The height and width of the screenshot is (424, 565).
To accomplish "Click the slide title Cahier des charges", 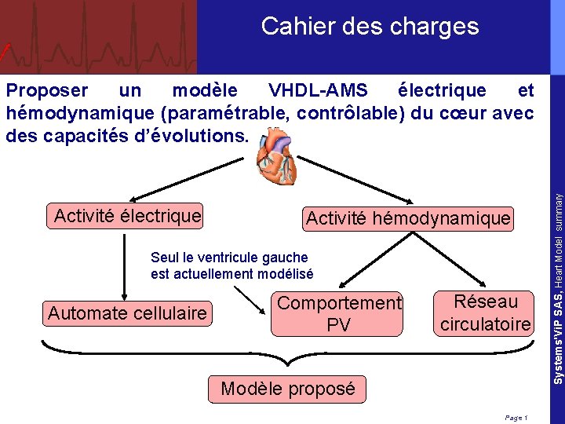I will tap(370, 27).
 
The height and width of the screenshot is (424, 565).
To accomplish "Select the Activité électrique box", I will tap(127, 215).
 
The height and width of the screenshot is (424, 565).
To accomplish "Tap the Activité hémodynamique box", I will tap(408, 218).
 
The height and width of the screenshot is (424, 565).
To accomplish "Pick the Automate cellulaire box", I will tap(127, 313).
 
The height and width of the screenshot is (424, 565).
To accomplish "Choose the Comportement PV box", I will tap(339, 314).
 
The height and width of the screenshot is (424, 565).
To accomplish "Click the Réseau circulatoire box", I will tap(485, 313).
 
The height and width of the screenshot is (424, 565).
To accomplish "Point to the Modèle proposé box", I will tap(288, 389).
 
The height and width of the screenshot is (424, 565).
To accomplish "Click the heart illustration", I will tap(276, 155).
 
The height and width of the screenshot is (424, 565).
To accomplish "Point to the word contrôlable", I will tap(351, 112).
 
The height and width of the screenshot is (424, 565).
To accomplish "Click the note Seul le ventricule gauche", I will tap(229, 257).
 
